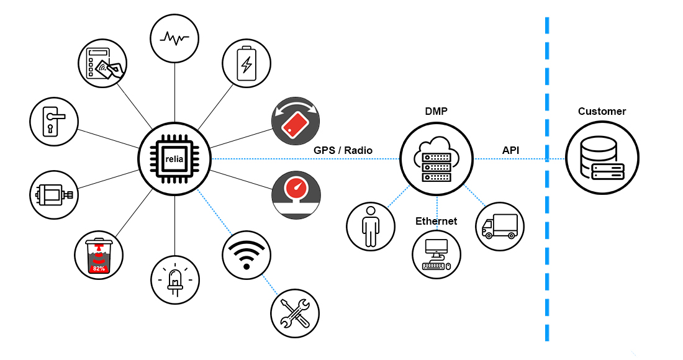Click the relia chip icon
174,159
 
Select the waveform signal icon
174,38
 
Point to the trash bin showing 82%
98,255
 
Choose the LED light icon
175,280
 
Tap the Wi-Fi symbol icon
247,255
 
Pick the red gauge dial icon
296,196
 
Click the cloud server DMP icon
436,159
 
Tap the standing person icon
370,225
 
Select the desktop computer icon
436,254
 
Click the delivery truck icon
500,225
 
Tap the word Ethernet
436,221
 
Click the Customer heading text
602,112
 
